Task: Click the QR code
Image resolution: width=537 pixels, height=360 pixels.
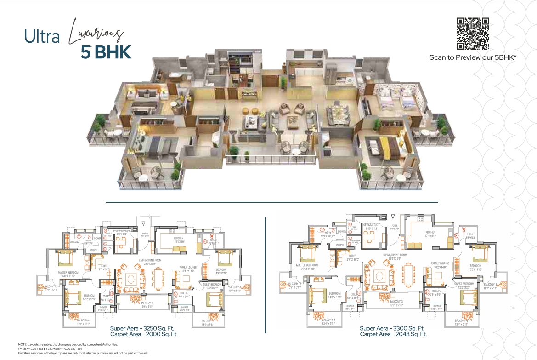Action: (x=472, y=34)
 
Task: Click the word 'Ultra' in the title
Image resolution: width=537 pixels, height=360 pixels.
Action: (x=42, y=37)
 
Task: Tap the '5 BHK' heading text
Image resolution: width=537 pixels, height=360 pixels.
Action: (x=106, y=52)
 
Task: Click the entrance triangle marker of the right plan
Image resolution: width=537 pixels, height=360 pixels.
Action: (x=393, y=215)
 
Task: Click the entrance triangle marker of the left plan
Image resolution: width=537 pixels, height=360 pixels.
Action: (x=144, y=223)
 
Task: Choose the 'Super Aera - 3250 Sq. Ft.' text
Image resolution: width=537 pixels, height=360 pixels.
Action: (x=143, y=329)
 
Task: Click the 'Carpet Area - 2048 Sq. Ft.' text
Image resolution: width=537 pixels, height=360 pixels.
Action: (x=393, y=334)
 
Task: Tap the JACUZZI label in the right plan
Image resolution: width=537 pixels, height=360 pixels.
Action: (x=339, y=245)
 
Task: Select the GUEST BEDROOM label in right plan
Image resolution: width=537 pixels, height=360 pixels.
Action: (x=464, y=284)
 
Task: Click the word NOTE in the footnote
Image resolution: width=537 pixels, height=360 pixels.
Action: (x=22, y=344)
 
